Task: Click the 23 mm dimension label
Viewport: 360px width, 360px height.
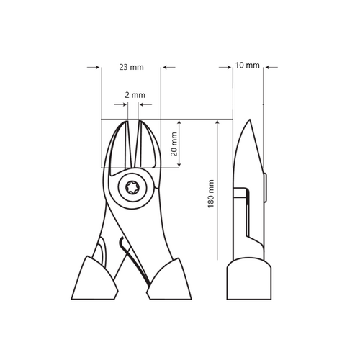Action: pos(131,67)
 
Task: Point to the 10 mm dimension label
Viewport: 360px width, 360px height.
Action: pos(247,66)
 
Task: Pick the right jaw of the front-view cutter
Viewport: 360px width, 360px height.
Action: pos(147,148)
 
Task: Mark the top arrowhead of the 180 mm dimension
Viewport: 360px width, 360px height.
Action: pos(217,124)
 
